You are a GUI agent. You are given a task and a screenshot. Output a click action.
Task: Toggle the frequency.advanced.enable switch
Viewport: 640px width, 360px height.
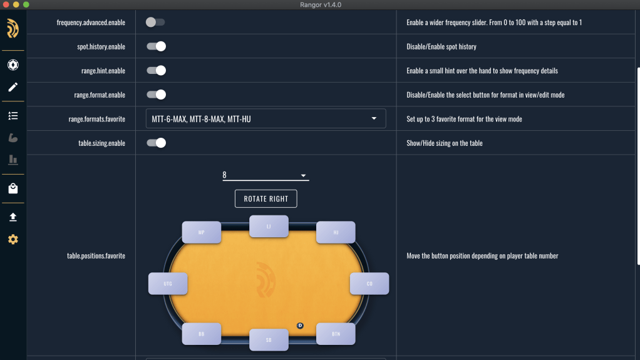pyautogui.click(x=155, y=22)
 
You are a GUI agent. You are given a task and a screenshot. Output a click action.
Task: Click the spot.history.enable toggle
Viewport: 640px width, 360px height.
pyautogui.click(x=156, y=46)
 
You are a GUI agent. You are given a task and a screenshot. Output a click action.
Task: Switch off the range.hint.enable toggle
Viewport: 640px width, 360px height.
pyautogui.click(x=156, y=70)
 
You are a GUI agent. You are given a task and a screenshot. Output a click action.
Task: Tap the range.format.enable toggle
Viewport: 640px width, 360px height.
pyautogui.click(x=156, y=95)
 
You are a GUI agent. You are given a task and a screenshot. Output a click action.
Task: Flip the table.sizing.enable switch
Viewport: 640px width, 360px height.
pyautogui.click(x=156, y=143)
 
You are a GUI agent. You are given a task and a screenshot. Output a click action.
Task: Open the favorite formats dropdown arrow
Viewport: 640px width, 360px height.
pyautogui.click(x=374, y=118)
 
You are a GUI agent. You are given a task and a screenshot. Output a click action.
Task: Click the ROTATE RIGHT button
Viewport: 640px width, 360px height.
pyautogui.click(x=266, y=198)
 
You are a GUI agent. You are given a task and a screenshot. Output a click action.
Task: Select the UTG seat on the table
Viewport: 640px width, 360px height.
pyautogui.click(x=168, y=283)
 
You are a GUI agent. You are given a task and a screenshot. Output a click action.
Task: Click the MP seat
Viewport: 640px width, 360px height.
pyautogui.click(x=201, y=232)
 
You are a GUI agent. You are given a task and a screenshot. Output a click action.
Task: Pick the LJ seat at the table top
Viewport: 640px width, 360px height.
pyautogui.click(x=269, y=226)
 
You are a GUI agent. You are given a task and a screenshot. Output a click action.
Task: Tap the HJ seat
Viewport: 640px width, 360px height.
pyautogui.click(x=336, y=232)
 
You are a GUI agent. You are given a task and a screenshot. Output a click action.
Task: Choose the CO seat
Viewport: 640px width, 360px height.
pyautogui.click(x=369, y=283)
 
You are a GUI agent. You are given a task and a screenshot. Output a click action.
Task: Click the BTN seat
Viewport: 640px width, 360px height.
pyautogui.click(x=336, y=334)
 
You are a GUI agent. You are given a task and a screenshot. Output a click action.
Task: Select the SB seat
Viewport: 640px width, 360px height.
pyautogui.click(x=269, y=339)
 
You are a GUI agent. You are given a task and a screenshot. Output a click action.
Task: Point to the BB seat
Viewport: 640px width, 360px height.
pyautogui.click(x=201, y=334)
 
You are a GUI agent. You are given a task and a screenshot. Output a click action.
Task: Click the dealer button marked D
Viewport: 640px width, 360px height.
pyautogui.click(x=300, y=326)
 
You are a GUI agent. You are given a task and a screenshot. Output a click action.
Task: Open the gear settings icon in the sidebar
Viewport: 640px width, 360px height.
pyautogui.click(x=13, y=239)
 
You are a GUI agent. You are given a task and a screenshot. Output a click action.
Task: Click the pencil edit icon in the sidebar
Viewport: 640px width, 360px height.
pyautogui.click(x=13, y=87)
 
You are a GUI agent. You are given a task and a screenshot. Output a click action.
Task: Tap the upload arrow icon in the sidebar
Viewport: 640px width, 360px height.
pyautogui.click(x=13, y=217)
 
